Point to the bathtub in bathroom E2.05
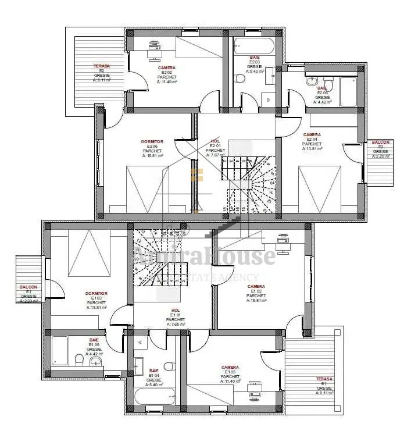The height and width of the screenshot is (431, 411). (348, 91)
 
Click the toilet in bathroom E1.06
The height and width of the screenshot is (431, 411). (80, 359)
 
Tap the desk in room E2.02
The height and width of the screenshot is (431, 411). (154, 51)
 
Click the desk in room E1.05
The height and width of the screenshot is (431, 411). (254, 391)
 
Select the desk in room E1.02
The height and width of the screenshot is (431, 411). (283, 243)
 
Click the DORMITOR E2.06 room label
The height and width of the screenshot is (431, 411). (152, 141)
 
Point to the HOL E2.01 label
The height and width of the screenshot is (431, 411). (215, 141)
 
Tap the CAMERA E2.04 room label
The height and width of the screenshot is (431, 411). (312, 135)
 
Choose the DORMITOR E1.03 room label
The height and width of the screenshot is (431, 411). (97, 294)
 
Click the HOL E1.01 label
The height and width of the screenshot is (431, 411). (176, 311)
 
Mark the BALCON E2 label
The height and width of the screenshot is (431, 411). (381, 143)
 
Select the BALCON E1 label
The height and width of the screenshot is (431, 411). (28, 287)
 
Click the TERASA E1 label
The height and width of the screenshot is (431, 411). (324, 379)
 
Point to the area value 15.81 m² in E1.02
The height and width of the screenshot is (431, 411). (256, 301)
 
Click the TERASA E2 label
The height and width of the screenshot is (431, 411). (102, 66)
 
